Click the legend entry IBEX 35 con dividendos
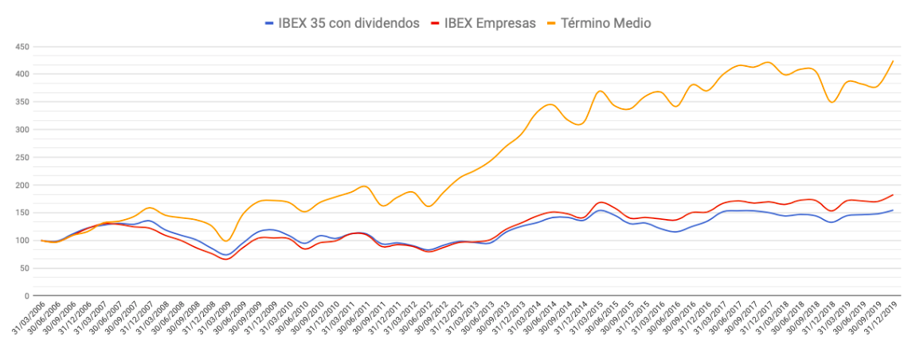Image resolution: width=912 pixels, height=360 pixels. (x=349, y=23)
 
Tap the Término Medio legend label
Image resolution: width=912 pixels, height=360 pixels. (x=609, y=23)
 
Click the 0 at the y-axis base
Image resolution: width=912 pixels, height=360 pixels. (x=27, y=296)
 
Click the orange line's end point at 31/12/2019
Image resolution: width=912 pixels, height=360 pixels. (x=893, y=61)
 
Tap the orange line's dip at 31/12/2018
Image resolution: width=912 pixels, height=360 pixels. (x=832, y=102)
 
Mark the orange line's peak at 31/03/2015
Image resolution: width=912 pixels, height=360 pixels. (x=600, y=91)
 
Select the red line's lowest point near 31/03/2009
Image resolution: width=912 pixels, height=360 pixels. (x=225, y=259)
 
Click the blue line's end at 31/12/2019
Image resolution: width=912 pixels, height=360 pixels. (x=893, y=210)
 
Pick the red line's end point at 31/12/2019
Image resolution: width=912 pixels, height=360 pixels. (x=893, y=194)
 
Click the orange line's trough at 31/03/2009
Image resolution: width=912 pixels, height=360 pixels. (x=226, y=241)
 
